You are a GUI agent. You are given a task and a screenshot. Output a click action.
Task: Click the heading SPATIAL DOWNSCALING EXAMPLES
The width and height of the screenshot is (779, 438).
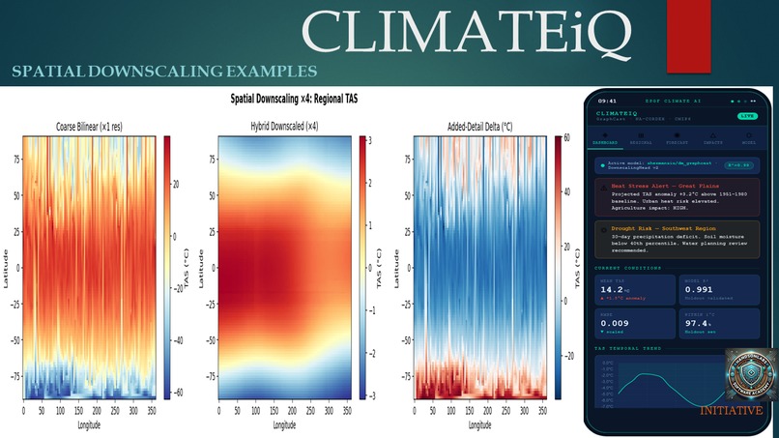(164, 72)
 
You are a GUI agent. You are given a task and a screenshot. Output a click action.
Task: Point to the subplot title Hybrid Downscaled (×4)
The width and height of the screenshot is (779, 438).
(284, 127)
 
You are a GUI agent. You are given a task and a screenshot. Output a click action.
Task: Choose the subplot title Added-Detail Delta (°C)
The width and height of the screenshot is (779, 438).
(480, 127)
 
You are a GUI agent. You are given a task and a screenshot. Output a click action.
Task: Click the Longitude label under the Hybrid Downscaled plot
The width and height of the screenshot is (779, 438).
(284, 425)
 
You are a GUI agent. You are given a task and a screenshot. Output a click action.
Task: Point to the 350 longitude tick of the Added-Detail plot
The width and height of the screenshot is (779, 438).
(542, 410)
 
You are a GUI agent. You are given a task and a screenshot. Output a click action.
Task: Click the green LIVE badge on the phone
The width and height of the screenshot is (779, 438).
(746, 115)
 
